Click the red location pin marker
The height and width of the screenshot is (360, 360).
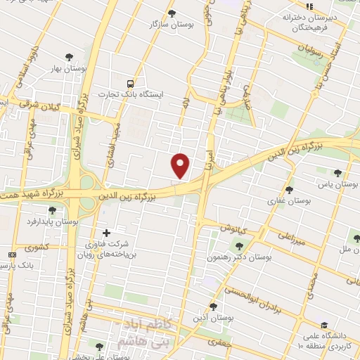pyautogui.click(x=181, y=165)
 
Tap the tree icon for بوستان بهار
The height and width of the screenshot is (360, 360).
pyautogui.click(x=68, y=57)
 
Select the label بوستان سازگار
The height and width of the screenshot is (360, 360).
pyautogui.click(x=172, y=24)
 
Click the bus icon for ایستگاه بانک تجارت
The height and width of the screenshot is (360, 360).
pyautogui.click(x=129, y=82)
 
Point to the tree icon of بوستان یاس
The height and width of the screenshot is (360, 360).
pyautogui.click(x=337, y=173)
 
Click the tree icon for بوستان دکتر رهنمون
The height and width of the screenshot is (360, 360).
pyautogui.click(x=239, y=246)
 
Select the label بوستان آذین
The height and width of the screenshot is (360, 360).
pyautogui.click(x=214, y=316)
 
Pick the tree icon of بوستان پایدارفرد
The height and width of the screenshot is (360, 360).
pyautogui.click(x=51, y=210)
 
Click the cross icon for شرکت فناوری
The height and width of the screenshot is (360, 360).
pyautogui.click(x=106, y=233)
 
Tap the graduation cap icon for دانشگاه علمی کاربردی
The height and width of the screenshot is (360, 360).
pyautogui.click(x=323, y=325)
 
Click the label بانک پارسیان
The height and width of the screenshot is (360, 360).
pyautogui.click(x=17, y=266)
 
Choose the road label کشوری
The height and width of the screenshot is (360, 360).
pyautogui.click(x=37, y=247)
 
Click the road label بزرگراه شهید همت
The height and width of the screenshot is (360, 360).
pyautogui.click(x=32, y=191)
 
